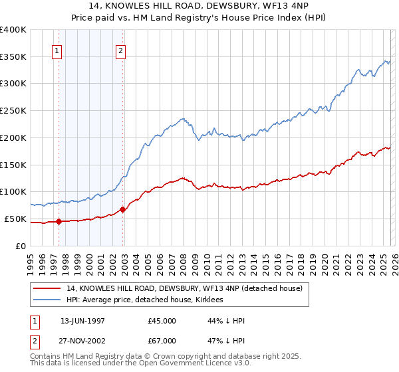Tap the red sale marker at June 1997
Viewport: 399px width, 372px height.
(59, 221)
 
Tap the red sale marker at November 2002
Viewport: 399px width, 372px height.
(123, 209)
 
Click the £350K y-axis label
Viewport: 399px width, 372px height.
(13, 57)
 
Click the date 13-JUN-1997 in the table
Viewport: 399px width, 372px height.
(82, 321)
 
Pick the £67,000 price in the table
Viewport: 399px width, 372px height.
(162, 341)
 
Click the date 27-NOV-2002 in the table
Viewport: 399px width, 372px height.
(82, 341)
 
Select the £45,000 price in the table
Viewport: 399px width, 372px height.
(162, 321)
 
